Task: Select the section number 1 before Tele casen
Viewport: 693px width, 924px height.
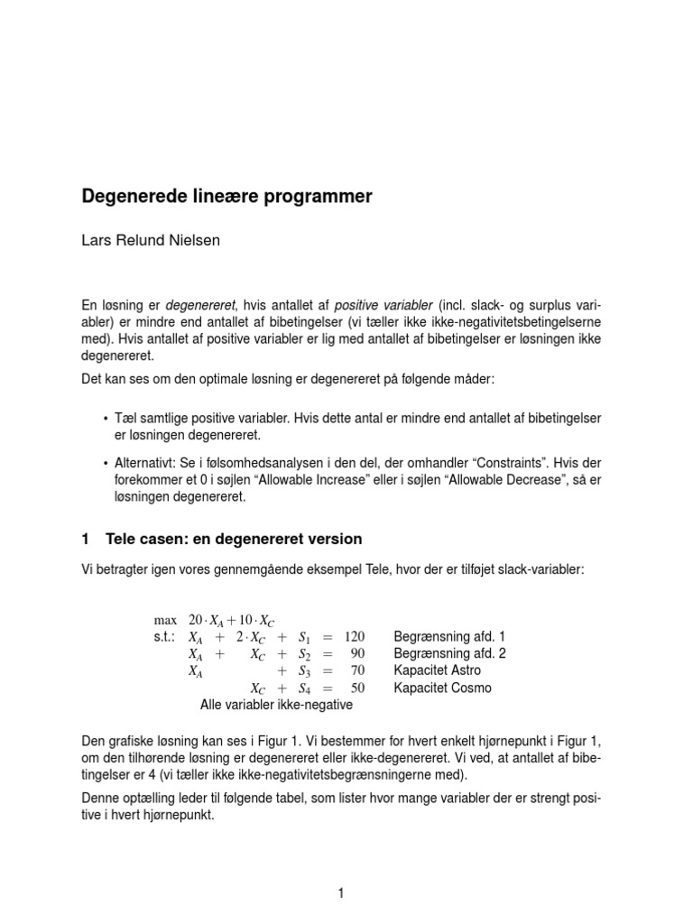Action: coord(86,540)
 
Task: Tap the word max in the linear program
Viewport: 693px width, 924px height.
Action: coord(166,620)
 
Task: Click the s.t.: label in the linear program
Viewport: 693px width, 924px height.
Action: coord(169,637)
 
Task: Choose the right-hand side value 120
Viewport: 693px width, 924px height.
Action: coord(356,637)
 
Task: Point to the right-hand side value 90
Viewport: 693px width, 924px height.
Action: coord(358,654)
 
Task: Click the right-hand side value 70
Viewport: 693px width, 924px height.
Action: coord(358,671)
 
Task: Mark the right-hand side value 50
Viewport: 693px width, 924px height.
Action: coord(358,688)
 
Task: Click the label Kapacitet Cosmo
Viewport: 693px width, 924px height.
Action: coord(443,688)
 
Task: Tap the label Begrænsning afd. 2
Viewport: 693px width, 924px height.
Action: coord(449,654)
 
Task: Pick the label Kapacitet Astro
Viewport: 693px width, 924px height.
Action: coord(438,671)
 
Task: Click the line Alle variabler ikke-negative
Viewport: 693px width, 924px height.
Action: coord(275,705)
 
